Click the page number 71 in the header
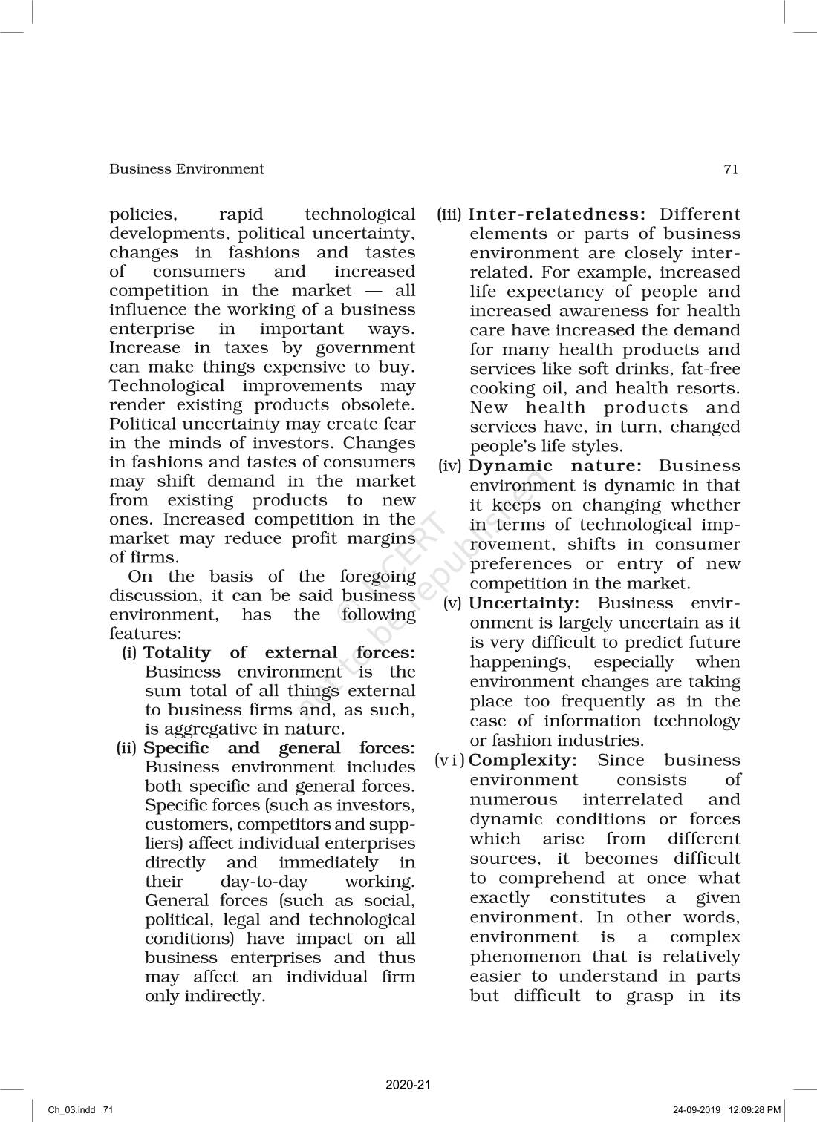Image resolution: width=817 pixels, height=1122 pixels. (730, 169)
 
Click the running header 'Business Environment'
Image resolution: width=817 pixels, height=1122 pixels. (186, 169)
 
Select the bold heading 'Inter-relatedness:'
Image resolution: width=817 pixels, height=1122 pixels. (558, 214)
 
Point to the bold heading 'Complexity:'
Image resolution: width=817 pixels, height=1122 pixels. (523, 760)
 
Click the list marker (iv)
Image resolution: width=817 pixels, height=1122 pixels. (450, 466)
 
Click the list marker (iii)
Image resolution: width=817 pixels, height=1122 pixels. (449, 214)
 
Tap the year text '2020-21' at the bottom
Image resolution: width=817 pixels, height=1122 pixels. (408, 1085)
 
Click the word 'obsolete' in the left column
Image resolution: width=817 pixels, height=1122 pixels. (377, 405)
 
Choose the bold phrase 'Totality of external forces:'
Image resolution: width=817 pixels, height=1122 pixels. (279, 653)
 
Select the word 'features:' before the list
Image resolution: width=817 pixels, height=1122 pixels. (145, 634)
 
